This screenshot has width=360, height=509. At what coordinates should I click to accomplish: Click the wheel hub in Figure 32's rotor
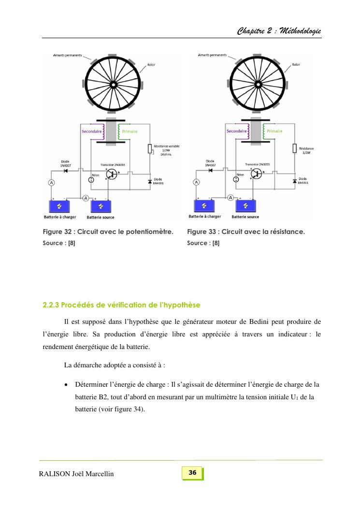[x=113, y=85]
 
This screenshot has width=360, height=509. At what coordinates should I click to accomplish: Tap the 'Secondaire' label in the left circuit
[x=91, y=131]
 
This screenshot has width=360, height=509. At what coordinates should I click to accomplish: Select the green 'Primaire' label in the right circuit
[x=274, y=131]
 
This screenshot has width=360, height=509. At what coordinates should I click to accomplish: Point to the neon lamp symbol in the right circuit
[x=236, y=179]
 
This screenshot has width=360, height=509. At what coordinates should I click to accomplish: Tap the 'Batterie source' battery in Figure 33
[x=245, y=206]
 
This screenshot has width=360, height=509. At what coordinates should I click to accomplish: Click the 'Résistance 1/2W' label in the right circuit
[x=306, y=150]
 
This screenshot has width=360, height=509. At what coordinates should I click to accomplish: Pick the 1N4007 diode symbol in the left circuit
[x=65, y=171]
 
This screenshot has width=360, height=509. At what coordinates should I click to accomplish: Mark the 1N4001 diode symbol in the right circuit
[x=294, y=181]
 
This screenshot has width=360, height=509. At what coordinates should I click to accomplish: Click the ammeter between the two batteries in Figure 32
[x=86, y=198]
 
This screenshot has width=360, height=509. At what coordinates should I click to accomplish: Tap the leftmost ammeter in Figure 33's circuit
[x=196, y=182]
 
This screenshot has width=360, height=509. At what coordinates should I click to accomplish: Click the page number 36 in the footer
[x=192, y=473]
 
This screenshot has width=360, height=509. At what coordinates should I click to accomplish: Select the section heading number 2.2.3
[x=51, y=305]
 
